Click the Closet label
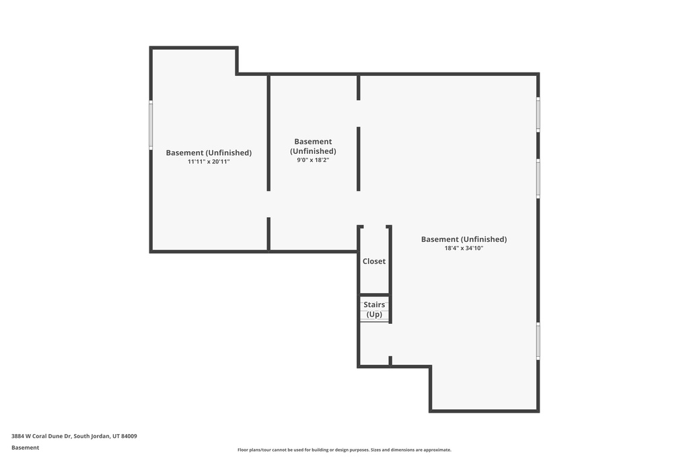[374, 261]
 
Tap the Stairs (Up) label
[374, 309]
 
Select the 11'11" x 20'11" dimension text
[209, 161]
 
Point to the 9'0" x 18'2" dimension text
[313, 160]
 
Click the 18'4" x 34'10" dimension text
[464, 249]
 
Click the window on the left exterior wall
[151, 125]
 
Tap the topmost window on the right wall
[538, 114]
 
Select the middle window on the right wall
[538, 179]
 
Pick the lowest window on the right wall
[538, 341]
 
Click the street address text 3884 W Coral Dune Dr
[41, 436]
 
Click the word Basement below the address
[25, 448]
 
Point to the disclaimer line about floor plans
[344, 450]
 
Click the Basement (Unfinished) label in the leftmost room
[209, 153]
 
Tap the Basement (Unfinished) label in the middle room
[313, 146]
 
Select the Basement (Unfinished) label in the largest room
[464, 239]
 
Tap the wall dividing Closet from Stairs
[374, 295]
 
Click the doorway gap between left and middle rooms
[268, 204]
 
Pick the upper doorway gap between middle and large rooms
[359, 114]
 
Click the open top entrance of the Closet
[374, 227]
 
